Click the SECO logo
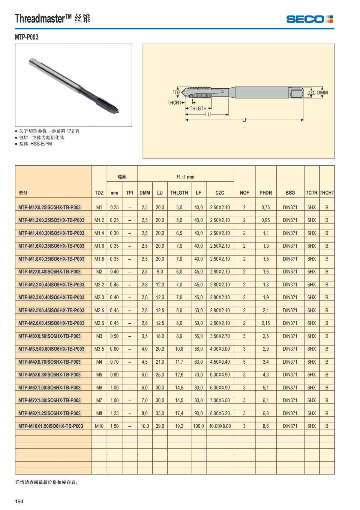309,19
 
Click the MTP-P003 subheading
27,37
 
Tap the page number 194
19,501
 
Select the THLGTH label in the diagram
198,108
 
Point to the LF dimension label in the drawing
244,120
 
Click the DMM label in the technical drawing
322,93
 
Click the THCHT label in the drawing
174,103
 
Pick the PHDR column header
265,193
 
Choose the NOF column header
244,193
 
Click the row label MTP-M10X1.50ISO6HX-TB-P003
50,426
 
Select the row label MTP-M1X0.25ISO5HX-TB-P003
49,207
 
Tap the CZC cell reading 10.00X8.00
220,426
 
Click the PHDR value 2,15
265,323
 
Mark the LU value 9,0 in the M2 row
160,272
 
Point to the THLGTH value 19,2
179,426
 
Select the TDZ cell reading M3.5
99,349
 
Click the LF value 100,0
198,426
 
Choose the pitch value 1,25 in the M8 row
114,414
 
